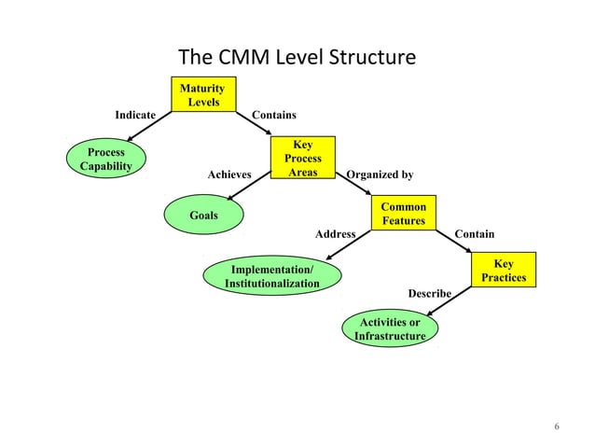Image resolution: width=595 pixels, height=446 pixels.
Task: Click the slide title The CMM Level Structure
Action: point(297,58)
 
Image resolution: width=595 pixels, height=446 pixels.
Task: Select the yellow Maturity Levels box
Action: point(202,94)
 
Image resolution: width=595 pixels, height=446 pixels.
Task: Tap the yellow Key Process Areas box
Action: point(302,159)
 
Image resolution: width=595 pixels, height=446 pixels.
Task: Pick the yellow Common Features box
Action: point(403,214)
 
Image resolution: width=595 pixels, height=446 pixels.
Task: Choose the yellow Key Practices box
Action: point(504,271)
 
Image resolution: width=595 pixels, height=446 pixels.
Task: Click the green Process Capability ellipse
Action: point(105,159)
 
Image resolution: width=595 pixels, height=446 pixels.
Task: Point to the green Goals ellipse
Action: point(203,216)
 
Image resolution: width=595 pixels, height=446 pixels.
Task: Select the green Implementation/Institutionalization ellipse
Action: point(271,276)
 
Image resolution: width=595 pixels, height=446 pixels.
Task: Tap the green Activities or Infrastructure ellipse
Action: point(390,329)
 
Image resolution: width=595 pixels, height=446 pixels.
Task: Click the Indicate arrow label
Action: point(135,115)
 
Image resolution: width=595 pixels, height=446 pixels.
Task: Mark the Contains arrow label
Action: point(274,115)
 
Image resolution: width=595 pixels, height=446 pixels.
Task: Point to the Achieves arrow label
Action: point(229,174)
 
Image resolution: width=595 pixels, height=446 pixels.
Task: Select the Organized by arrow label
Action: point(380,174)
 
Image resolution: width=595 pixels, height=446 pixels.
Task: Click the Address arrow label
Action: point(335,233)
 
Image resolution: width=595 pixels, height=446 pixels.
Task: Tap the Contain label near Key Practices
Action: point(474,233)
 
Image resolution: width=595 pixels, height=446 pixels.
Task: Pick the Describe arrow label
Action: point(429,294)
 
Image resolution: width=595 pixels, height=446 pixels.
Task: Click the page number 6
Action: point(557,427)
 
